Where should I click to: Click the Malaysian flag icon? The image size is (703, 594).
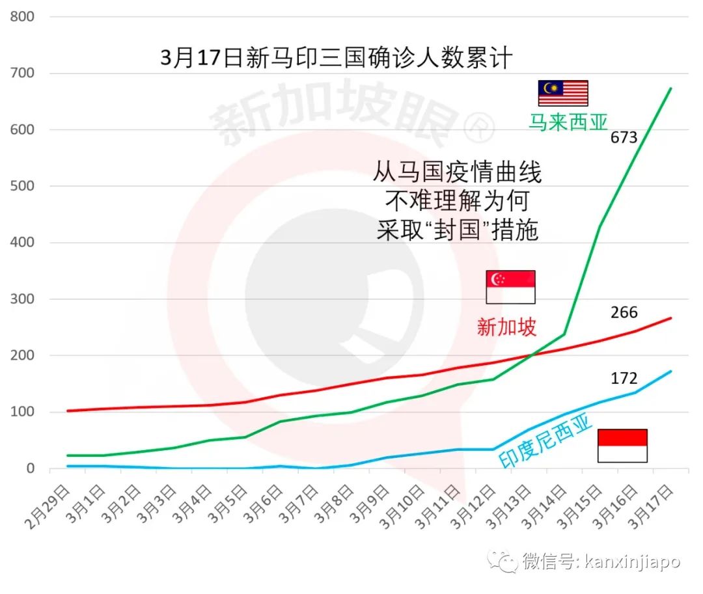pyautogui.click(x=562, y=93)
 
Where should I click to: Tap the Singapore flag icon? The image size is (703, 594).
pyautogui.click(x=510, y=287)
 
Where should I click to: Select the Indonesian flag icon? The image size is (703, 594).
pyautogui.click(x=622, y=446)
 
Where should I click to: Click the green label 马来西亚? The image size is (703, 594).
pyautogui.click(x=568, y=122)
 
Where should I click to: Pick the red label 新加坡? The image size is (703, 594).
pyautogui.click(x=506, y=327)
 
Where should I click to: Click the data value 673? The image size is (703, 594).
pyautogui.click(x=624, y=137)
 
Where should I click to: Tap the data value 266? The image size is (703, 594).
pyautogui.click(x=624, y=312)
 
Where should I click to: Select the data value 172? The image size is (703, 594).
pyautogui.click(x=624, y=378)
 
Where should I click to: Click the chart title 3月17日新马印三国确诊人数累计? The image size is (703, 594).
pyautogui.click(x=337, y=58)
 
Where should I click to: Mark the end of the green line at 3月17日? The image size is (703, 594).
pyautogui.click(x=670, y=88)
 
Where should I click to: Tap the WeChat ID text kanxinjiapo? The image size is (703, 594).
pyautogui.click(x=630, y=560)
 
